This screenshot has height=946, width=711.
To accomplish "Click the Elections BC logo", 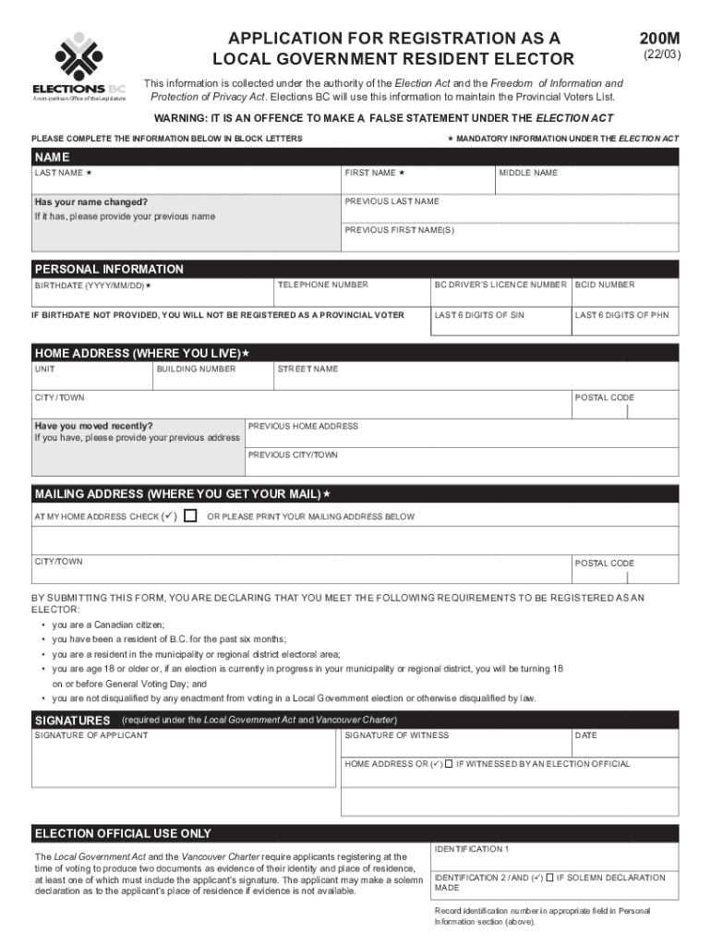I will (x=78, y=65).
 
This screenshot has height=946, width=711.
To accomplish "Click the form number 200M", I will (x=659, y=39).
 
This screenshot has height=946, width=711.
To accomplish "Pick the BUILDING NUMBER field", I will (x=211, y=379).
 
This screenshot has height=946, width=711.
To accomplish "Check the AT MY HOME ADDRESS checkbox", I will (x=190, y=515).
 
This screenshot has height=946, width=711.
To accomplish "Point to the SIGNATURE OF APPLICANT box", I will (x=186, y=762).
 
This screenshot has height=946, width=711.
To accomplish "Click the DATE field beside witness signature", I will (x=625, y=744).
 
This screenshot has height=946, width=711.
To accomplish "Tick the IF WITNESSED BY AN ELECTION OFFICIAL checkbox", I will (x=448, y=764).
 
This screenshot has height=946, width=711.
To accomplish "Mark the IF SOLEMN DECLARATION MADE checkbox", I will (x=550, y=878).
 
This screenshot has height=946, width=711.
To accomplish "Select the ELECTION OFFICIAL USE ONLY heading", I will (x=124, y=833).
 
